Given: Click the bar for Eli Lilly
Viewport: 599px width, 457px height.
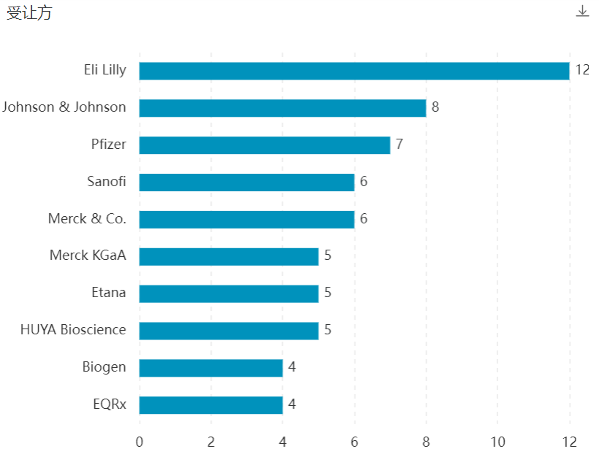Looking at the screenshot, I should pos(354,71).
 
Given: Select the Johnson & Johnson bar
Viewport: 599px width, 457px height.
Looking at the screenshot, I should pos(283,108).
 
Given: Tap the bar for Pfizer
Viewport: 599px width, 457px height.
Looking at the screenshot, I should pos(264,145).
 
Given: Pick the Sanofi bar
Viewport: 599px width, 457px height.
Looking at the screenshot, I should pos(247,182).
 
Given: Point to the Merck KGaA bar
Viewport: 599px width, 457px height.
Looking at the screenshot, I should pos(229,256).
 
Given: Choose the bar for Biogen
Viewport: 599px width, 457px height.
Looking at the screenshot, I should pos(211,367).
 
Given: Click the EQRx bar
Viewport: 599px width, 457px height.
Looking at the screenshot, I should pos(211,404).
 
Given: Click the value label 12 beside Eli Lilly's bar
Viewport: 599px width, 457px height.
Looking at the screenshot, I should pos(582,70).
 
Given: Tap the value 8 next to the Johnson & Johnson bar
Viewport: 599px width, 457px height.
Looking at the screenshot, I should pos(435,107).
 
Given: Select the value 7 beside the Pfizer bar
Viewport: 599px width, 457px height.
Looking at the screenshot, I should pos(400,145).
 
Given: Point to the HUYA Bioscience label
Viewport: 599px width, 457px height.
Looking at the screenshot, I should pos(73,330).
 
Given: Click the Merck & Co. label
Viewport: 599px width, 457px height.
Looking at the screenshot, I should pos(87,218).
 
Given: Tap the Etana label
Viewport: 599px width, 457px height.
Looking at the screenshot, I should pos(108,293).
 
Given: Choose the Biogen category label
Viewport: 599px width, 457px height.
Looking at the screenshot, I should pos(104,367).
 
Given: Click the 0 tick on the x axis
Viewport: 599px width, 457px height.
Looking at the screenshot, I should pos(140,442).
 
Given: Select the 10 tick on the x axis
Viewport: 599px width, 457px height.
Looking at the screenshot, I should pos(497,442).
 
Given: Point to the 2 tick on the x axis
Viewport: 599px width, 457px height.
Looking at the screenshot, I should pos(211,442).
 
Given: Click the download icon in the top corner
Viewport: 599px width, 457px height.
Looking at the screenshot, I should pos(582,11).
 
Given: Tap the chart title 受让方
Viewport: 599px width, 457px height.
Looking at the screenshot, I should pos(29,13).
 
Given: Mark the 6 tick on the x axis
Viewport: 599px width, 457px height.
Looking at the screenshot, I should pos(354,442).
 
